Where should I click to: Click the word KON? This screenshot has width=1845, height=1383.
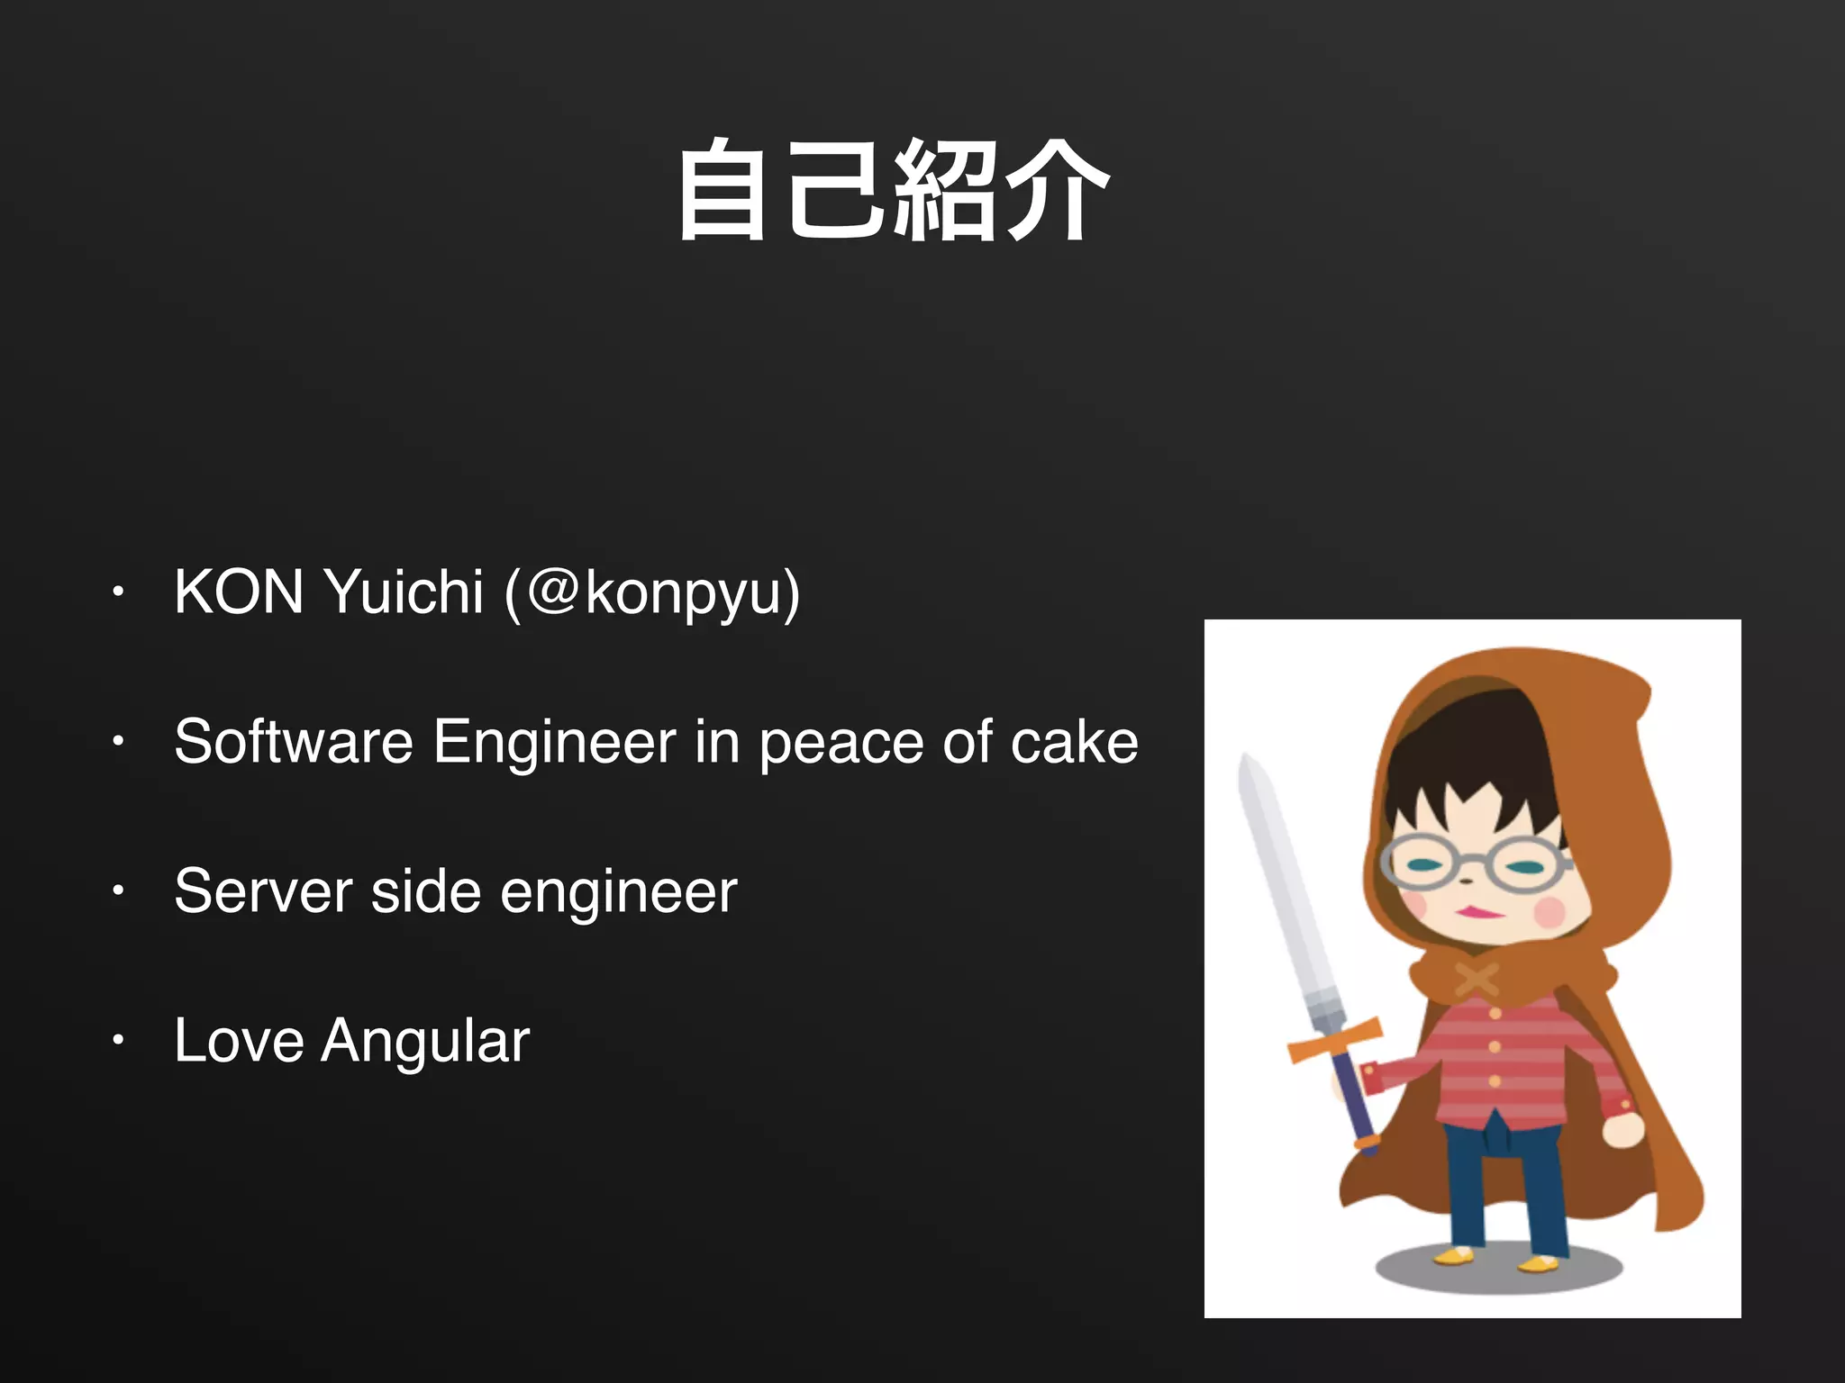pyautogui.click(x=239, y=592)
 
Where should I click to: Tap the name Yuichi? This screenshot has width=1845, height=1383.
pyautogui.click(x=404, y=592)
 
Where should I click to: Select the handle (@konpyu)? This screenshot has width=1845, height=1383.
pyautogui.click(x=652, y=594)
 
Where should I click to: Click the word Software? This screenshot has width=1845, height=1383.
pyautogui.click(x=294, y=742)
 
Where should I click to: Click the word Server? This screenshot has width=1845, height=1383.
pyautogui.click(x=263, y=891)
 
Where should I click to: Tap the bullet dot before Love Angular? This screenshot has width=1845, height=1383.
pyautogui.click(x=117, y=1041)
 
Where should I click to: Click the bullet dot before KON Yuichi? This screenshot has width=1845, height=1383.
pyautogui.click(x=117, y=592)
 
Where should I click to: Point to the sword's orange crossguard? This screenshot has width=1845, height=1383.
pyautogui.click(x=1334, y=1039)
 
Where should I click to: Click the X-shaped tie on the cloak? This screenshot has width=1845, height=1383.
pyautogui.click(x=1477, y=981)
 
